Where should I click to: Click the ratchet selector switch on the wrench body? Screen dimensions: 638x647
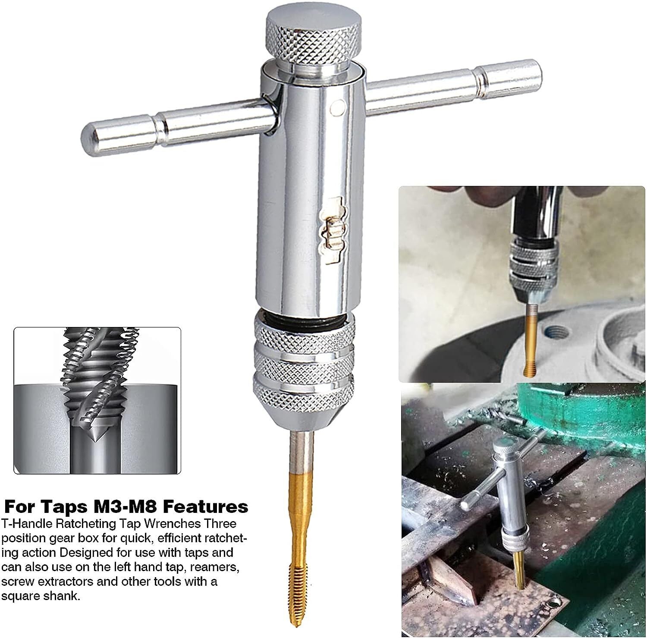333,229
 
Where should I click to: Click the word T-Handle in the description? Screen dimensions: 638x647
26,523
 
